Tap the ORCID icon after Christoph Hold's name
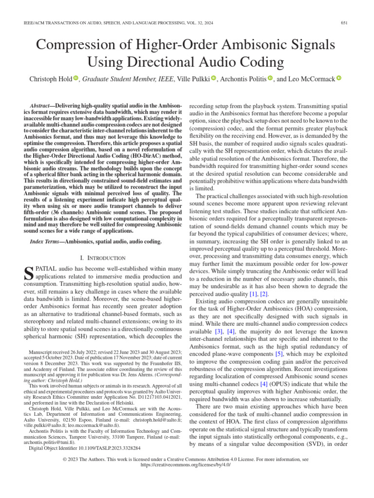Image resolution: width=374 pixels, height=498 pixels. click(x=75, y=78)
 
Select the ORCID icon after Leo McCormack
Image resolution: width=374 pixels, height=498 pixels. click(x=339, y=78)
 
